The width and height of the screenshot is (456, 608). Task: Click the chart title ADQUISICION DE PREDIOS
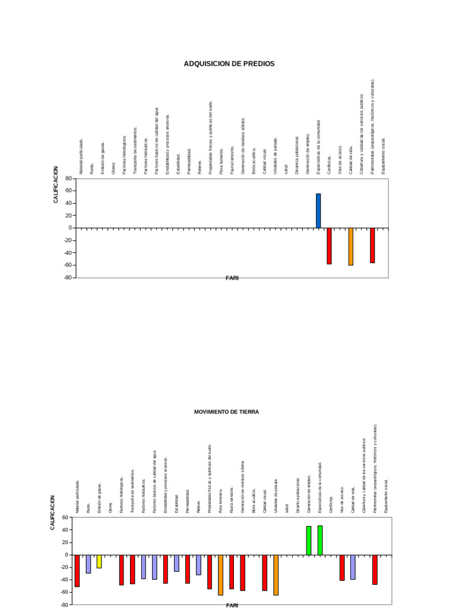point(229,64)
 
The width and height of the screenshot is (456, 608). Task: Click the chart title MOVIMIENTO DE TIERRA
point(226,411)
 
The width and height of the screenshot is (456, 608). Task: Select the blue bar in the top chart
point(318,211)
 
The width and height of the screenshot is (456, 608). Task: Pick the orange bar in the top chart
point(351,246)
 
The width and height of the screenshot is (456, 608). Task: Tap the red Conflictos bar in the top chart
point(329,246)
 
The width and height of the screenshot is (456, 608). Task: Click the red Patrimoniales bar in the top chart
point(372,245)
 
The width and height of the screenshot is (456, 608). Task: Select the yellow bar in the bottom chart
point(99,561)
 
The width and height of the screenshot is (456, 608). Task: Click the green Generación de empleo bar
point(309,540)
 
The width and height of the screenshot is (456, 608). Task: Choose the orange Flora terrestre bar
point(220,575)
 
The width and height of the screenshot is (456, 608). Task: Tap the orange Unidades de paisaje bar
point(276,575)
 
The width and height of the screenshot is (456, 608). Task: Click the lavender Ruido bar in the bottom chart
point(88,563)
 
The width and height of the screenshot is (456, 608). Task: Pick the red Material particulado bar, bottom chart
point(77,571)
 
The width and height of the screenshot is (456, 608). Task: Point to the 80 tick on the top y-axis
point(68,178)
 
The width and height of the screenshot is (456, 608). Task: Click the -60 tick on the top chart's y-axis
point(67,265)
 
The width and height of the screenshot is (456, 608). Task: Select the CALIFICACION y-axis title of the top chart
point(56,185)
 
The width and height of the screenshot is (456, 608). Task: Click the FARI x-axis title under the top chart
point(232,278)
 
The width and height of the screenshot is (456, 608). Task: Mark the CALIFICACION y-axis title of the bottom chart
point(53,512)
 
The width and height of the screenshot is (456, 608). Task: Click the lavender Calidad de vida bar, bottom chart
point(353,567)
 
